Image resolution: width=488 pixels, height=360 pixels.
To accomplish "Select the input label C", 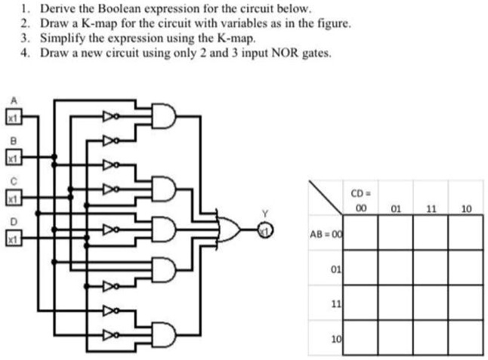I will click(x=11, y=181).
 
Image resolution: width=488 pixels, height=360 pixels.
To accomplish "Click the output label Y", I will click(x=264, y=214).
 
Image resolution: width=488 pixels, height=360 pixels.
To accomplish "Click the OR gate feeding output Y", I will click(x=228, y=226).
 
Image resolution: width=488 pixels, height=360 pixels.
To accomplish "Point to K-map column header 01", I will click(x=395, y=210).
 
